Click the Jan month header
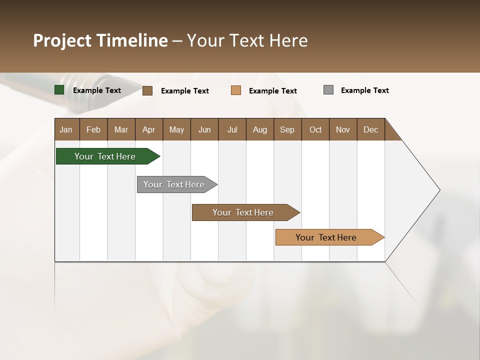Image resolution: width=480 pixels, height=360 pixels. click(x=66, y=129)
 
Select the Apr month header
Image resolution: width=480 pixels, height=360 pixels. click(x=148, y=129)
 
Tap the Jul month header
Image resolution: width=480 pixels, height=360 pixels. click(x=232, y=129)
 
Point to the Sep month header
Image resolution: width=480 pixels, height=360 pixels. click(x=287, y=129)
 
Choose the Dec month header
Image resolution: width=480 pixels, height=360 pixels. click(x=370, y=129)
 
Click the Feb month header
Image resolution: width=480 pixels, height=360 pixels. click(x=93, y=129)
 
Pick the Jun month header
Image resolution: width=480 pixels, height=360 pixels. click(x=204, y=129)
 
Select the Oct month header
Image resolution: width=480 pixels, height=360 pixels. click(x=315, y=129)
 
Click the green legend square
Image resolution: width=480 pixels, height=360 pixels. click(x=59, y=90)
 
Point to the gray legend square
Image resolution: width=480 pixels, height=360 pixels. click(x=328, y=90)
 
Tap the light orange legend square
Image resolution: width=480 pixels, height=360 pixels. click(x=236, y=90)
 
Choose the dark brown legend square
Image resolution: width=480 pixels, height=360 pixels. click(x=147, y=90)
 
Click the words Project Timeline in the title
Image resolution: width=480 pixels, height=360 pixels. click(x=100, y=40)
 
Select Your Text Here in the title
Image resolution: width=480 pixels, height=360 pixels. click(x=247, y=40)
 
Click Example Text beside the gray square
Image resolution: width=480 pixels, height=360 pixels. click(x=364, y=90)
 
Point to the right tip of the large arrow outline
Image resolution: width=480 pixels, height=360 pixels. click(x=439, y=190)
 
